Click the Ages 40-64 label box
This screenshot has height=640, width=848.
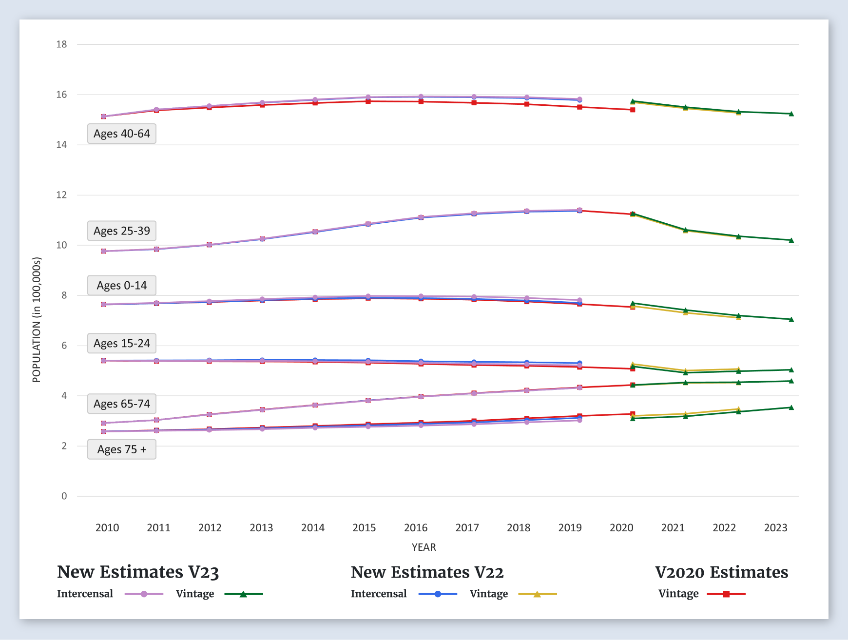click(122, 134)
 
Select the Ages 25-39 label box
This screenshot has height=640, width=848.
click(122, 231)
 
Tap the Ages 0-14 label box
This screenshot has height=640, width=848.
click(122, 285)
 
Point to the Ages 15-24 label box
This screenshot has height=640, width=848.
click(122, 343)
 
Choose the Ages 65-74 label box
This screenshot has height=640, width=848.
click(122, 404)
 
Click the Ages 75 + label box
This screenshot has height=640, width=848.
click(122, 449)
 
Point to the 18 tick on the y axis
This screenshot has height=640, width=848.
click(61, 44)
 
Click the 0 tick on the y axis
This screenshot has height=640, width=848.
click(64, 496)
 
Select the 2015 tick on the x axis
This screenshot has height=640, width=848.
click(364, 527)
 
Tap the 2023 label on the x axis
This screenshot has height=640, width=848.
click(775, 527)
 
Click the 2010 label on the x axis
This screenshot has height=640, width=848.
click(107, 527)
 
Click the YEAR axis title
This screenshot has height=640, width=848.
click(424, 547)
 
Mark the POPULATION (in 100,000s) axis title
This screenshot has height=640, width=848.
click(37, 320)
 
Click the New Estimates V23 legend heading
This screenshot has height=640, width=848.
click(138, 572)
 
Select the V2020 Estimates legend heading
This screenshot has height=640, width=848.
click(721, 572)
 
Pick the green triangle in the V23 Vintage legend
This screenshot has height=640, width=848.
click(243, 594)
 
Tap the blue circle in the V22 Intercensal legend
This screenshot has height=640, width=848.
click(438, 594)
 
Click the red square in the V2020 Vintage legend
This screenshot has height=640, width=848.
click(726, 594)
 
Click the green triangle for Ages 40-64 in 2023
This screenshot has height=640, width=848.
click(791, 114)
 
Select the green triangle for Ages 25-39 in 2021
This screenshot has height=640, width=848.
click(685, 230)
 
